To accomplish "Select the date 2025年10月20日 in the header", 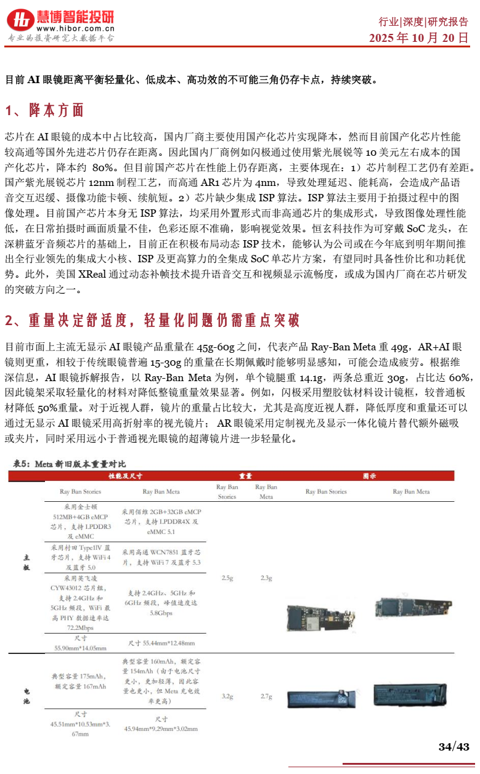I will [419, 38].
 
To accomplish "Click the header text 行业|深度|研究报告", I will [423, 22].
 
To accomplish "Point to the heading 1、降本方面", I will [44, 111].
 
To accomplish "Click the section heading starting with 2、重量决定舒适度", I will [152, 320].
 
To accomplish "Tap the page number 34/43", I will [454, 747].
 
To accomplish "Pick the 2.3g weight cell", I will [266, 578].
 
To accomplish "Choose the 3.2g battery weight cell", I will [227, 696].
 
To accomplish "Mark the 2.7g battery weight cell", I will [266, 696].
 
